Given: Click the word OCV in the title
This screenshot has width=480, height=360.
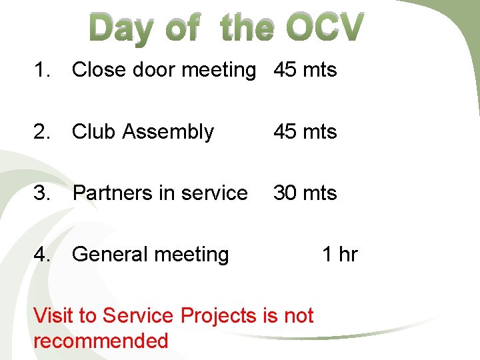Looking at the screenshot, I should click(325, 29).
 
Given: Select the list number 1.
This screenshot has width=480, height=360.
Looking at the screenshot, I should click(42, 69).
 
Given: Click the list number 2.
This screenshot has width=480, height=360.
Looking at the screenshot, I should click(42, 131).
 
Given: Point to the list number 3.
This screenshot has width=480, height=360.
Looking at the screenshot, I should click(42, 193).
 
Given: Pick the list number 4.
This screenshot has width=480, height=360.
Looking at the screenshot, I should click(42, 254).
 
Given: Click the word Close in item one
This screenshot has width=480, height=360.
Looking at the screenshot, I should click(98, 69).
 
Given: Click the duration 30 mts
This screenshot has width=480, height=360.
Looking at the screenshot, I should click(305, 193).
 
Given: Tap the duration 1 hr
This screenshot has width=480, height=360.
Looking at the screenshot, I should click(340, 254).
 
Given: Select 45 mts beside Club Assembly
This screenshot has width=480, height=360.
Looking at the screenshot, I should click(305, 131).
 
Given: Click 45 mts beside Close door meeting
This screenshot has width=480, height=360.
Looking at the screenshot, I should click(305, 69).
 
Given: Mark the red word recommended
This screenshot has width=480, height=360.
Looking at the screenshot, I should click(101, 341).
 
